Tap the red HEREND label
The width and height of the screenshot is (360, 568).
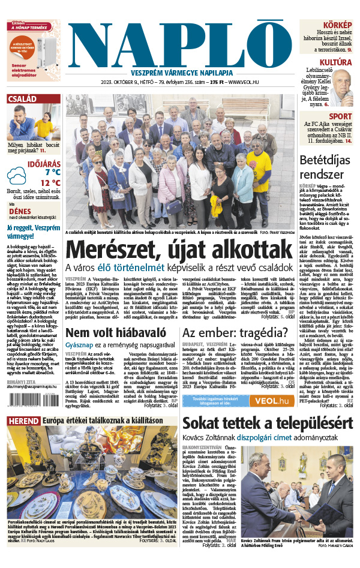click(23, 422)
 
